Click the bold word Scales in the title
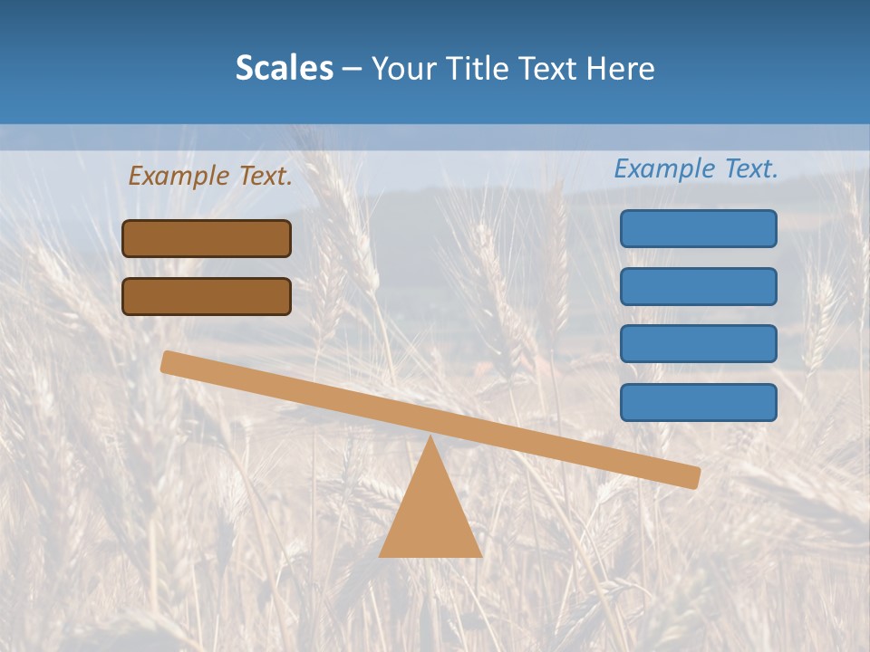click(284, 69)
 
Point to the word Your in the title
click(401, 69)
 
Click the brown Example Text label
click(210, 176)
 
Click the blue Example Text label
click(696, 168)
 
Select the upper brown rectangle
click(207, 238)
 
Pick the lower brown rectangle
click(207, 296)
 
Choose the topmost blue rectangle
click(698, 228)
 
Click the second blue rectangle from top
click(698, 286)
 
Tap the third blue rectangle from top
click(698, 344)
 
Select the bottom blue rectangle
click(698, 402)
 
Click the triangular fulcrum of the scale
click(430, 516)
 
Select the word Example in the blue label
click(664, 168)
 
